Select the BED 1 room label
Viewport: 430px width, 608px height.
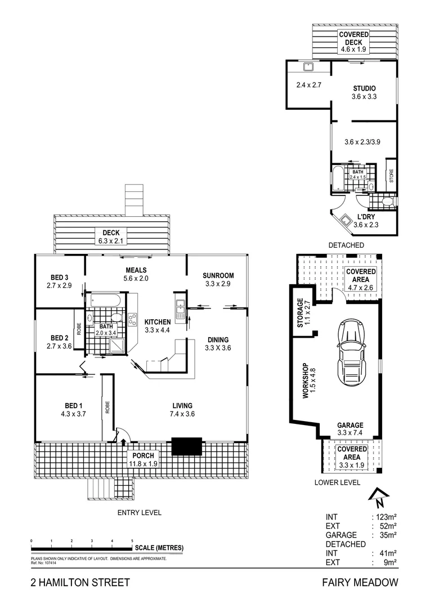point(73,406)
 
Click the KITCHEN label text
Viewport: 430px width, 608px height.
point(157,321)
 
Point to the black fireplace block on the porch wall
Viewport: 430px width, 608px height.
point(186,446)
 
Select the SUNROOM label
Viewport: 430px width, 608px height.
point(218,275)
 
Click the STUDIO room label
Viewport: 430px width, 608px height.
point(364,88)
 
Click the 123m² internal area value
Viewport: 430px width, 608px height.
point(384,516)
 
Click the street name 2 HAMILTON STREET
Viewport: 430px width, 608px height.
point(80,583)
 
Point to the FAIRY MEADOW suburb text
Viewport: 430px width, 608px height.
point(360,583)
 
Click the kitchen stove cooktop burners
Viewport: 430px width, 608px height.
point(133,319)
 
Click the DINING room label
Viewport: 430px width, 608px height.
point(218,339)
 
